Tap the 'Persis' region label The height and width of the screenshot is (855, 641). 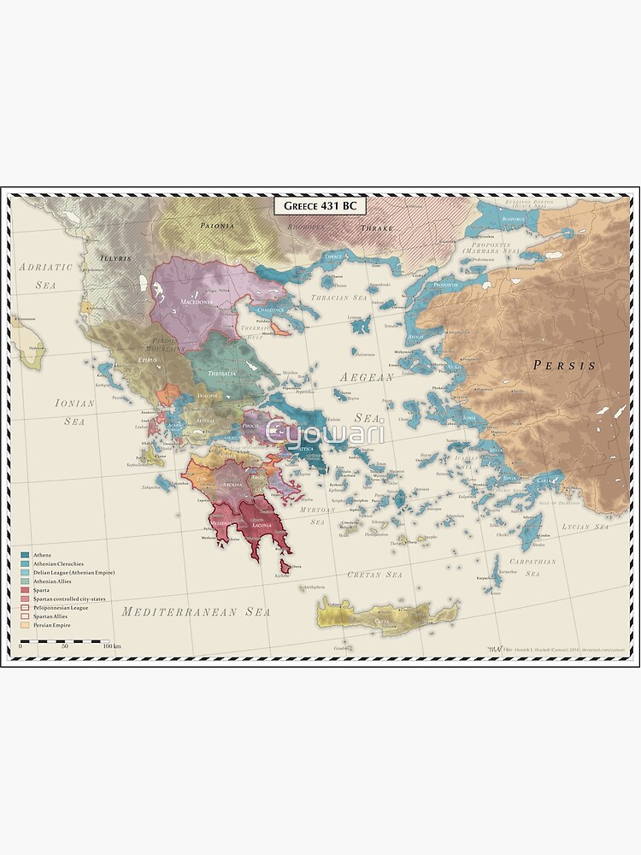(563, 365)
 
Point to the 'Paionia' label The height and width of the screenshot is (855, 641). (216, 227)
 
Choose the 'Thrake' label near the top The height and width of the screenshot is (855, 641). (375, 228)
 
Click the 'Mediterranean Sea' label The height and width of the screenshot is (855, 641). (196, 611)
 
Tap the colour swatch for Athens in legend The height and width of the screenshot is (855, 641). (26, 555)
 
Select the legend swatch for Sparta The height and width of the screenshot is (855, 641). (26, 590)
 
